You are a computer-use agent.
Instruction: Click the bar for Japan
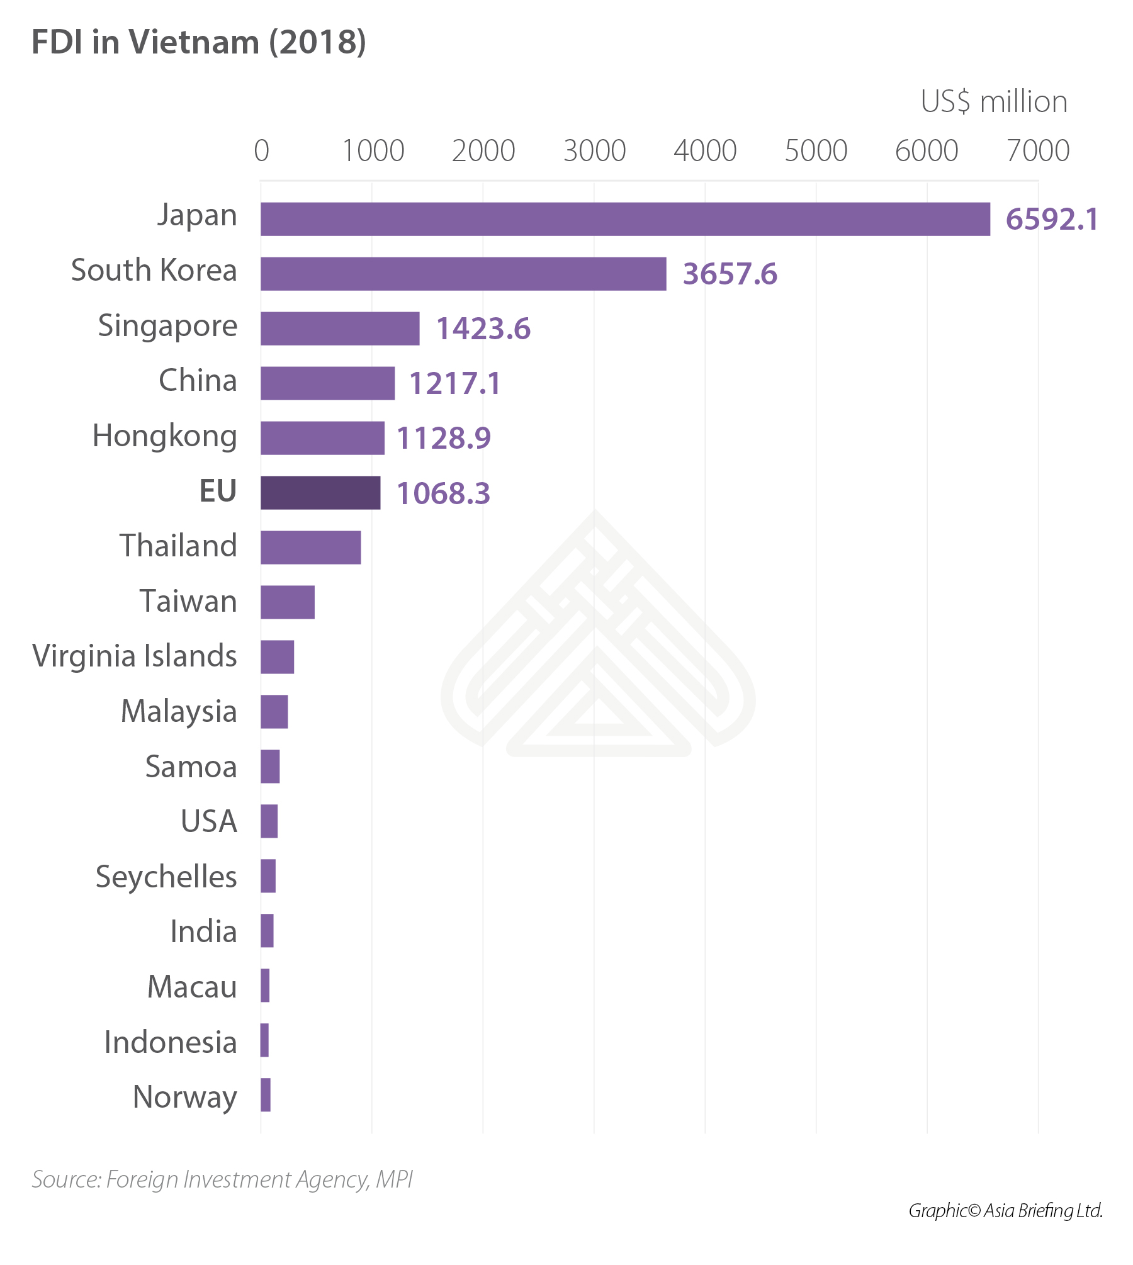[625, 219]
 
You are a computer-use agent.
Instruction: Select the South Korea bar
[463, 274]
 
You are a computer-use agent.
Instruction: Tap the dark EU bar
[320, 493]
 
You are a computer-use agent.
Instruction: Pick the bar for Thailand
[311, 548]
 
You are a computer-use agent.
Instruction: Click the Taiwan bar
[288, 602]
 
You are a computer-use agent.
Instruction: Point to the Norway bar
[266, 1095]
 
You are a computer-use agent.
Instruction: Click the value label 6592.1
[1052, 220]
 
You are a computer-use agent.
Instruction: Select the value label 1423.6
[483, 329]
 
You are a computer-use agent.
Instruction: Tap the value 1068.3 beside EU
[443, 493]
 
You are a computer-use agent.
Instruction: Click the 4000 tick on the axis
[705, 151]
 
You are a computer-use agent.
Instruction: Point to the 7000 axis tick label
[1038, 151]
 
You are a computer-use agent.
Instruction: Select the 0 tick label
[261, 151]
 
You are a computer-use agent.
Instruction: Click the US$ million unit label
[994, 102]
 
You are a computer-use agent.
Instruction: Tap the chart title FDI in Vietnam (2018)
[199, 43]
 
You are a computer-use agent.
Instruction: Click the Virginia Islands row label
[135, 656]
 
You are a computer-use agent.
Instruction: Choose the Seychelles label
[166, 877]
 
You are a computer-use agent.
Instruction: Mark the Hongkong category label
[165, 436]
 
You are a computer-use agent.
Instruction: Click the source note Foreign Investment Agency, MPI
[222, 1179]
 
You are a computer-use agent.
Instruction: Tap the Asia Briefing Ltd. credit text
[1005, 1210]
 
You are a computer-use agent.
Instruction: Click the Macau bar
[265, 986]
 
